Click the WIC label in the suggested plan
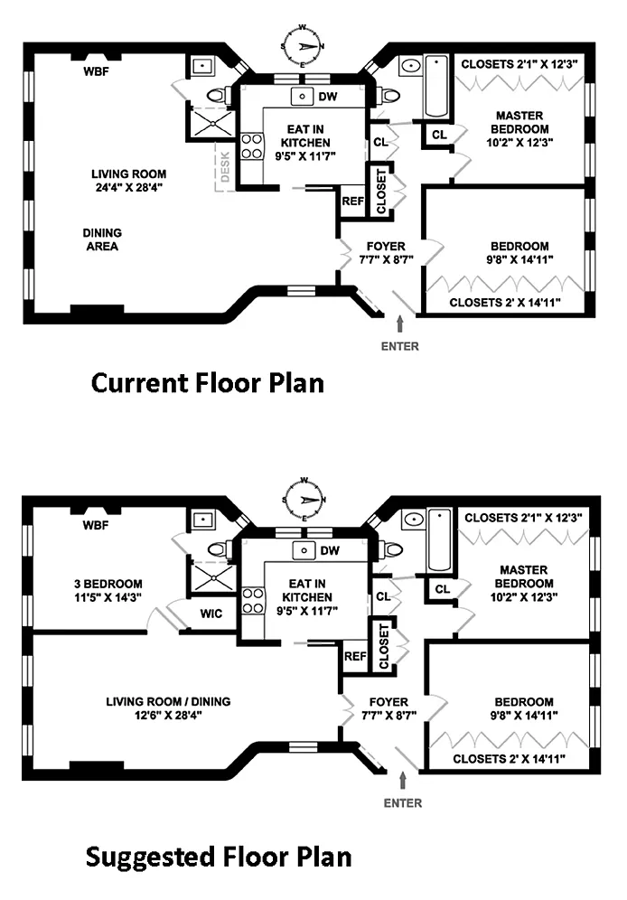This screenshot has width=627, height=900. coord(211,614)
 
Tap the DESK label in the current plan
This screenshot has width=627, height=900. coord(225,166)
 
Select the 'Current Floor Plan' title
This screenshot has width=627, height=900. coord(208,383)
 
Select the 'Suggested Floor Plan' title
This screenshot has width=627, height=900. coord(219,857)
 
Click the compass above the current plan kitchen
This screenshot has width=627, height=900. coord(303,46)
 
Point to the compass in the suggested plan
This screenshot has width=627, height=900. coord(304,500)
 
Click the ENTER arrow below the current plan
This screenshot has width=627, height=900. coord(400,324)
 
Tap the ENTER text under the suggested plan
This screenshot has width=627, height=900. coord(403,803)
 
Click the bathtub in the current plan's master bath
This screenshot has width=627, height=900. coord(436,86)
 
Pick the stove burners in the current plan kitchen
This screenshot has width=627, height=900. coord(251,145)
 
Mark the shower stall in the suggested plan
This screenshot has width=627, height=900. coord(213,578)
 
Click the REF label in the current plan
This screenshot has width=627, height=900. coord(352,202)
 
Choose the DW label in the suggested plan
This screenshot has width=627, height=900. coord(330,551)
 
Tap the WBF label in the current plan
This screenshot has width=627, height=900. coord(96,71)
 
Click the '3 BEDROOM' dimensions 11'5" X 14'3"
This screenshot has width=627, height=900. coord(108,597)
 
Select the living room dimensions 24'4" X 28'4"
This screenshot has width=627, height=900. coord(129,187)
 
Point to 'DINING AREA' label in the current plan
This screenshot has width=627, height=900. coord(102,239)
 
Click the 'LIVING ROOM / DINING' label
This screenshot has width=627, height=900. coord(168,701)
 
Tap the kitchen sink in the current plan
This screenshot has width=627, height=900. coord(302,97)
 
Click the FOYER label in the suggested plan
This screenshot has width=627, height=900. coord(388,702)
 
